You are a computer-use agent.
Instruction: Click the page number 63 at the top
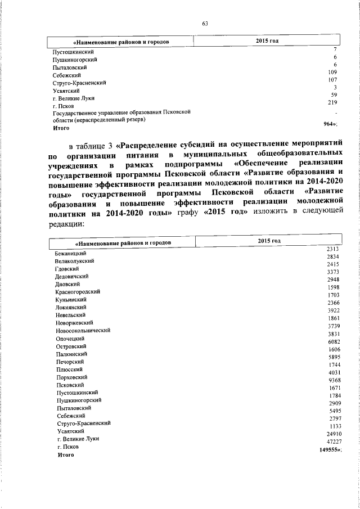(205, 24)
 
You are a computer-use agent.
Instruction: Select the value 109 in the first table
(332, 73)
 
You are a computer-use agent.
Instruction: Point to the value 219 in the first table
(332, 103)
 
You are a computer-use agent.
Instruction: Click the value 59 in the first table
(334, 95)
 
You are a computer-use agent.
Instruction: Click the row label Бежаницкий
(70, 254)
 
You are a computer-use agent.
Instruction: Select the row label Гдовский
(67, 269)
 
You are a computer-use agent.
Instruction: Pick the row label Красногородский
(78, 292)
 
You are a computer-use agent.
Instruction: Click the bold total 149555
(328, 451)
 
